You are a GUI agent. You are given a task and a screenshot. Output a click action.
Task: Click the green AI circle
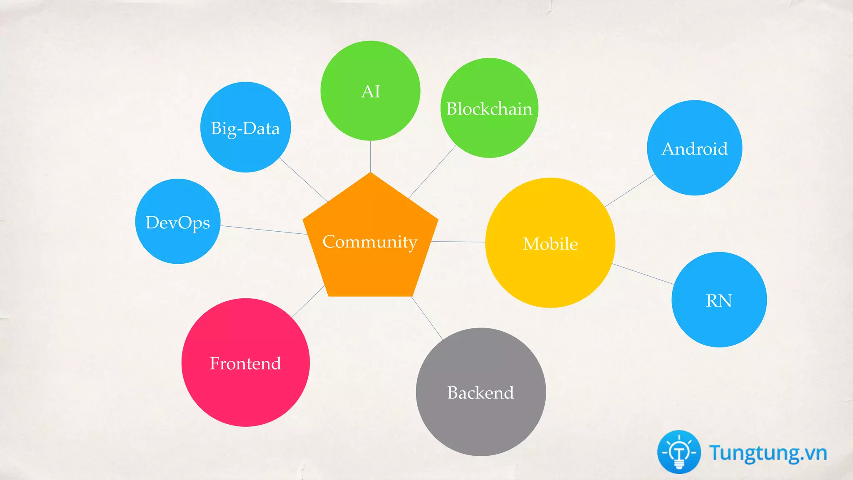click(x=370, y=91)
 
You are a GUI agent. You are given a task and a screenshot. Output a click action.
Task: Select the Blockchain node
click(x=489, y=108)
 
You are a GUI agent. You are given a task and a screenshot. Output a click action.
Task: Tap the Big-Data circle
click(x=245, y=127)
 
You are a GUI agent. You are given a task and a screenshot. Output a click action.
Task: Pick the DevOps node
click(x=178, y=222)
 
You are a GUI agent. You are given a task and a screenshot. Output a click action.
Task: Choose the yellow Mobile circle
click(x=550, y=243)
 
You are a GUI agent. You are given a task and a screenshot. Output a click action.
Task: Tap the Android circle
click(x=694, y=148)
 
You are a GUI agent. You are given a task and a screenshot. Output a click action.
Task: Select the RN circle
click(x=719, y=300)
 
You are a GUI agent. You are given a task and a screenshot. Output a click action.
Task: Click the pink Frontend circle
click(x=245, y=362)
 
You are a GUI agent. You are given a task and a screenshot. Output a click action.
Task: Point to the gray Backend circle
click(x=480, y=392)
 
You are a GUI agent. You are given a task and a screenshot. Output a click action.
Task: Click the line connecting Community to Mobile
click(x=458, y=242)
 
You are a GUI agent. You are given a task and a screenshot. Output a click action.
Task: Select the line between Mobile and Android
click(x=630, y=190)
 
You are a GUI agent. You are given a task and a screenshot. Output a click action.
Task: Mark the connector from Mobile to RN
click(x=643, y=274)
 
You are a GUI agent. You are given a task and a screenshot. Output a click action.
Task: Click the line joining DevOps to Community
click(x=264, y=230)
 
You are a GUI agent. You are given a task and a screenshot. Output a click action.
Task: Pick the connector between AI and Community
click(x=370, y=156)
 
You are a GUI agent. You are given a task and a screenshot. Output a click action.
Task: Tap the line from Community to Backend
click(x=427, y=318)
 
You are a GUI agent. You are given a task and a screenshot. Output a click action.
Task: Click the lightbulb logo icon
click(x=679, y=452)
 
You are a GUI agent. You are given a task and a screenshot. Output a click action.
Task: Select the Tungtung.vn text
click(x=768, y=453)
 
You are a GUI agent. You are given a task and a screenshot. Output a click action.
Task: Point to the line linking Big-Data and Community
click(x=303, y=180)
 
